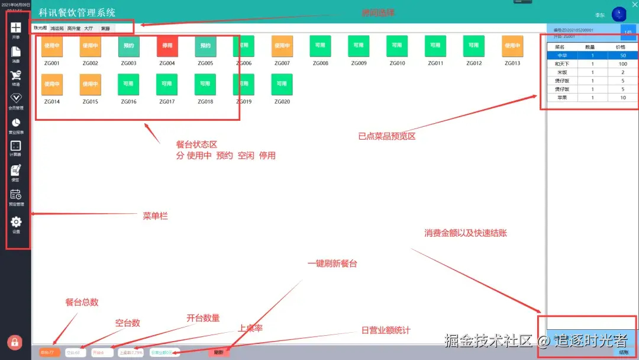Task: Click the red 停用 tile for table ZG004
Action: click(x=167, y=46)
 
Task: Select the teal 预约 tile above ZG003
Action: click(x=128, y=46)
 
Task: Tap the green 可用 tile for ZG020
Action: click(x=282, y=84)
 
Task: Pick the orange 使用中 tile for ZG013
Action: click(x=512, y=46)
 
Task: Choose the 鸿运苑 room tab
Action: click(x=57, y=28)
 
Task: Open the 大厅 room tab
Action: click(x=88, y=28)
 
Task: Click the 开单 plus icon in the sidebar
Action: click(x=16, y=28)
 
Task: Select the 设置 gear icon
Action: click(x=16, y=222)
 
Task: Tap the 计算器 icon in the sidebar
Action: click(x=16, y=146)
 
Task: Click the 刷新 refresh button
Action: click(x=219, y=352)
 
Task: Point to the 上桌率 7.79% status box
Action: click(x=131, y=352)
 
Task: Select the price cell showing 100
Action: click(x=623, y=64)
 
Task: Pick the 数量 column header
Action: click(x=590, y=47)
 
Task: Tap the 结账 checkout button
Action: click(x=624, y=352)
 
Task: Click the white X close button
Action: click(x=628, y=5)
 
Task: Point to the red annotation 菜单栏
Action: click(x=155, y=216)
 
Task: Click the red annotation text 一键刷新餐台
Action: click(x=332, y=263)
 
